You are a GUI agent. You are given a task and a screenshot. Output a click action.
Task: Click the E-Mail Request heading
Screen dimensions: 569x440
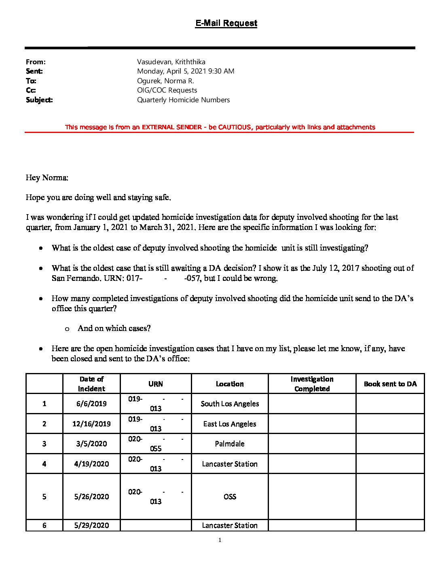pyautogui.click(x=226, y=23)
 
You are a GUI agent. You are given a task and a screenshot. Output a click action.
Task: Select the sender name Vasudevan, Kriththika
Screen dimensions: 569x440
pyautogui.click(x=171, y=62)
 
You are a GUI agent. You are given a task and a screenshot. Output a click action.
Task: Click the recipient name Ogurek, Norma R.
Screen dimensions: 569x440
pyautogui.click(x=165, y=81)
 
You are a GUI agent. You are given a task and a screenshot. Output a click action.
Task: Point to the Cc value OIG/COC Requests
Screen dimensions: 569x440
pyautogui.click(x=167, y=90)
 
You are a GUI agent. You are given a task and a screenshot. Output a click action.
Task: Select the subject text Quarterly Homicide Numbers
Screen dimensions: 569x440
pyautogui.click(x=183, y=100)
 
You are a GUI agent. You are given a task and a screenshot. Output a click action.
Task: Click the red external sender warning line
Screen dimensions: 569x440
pyautogui.click(x=220, y=127)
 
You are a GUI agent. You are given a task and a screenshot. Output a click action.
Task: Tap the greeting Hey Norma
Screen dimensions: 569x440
pyautogui.click(x=47, y=178)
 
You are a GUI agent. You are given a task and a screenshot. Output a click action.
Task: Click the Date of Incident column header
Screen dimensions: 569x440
pyautogui.click(x=91, y=384)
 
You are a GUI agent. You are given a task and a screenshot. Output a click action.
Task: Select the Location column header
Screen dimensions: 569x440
pyautogui.click(x=230, y=384)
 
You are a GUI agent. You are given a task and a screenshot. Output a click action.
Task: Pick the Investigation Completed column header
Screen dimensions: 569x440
pyautogui.click(x=312, y=384)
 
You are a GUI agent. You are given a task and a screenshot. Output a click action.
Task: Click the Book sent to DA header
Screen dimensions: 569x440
pyautogui.click(x=390, y=384)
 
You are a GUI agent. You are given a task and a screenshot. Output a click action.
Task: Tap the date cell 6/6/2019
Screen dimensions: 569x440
pyautogui.click(x=91, y=404)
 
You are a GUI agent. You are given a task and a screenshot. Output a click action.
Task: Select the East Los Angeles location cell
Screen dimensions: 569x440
pyautogui.click(x=230, y=424)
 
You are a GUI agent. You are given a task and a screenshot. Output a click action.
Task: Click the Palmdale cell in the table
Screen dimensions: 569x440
pyautogui.click(x=230, y=444)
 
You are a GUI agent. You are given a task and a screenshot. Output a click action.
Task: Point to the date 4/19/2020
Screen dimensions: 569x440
pyautogui.click(x=91, y=464)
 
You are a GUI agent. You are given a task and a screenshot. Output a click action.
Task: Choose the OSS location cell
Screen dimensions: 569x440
pyautogui.click(x=230, y=497)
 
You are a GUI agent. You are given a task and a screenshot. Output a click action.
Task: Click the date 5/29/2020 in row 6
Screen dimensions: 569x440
pyautogui.click(x=91, y=525)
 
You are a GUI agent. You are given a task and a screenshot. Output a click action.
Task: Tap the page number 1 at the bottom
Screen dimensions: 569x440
pyautogui.click(x=220, y=540)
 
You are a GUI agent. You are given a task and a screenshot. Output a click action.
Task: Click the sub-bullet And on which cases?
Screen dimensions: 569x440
pyautogui.click(x=114, y=329)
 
